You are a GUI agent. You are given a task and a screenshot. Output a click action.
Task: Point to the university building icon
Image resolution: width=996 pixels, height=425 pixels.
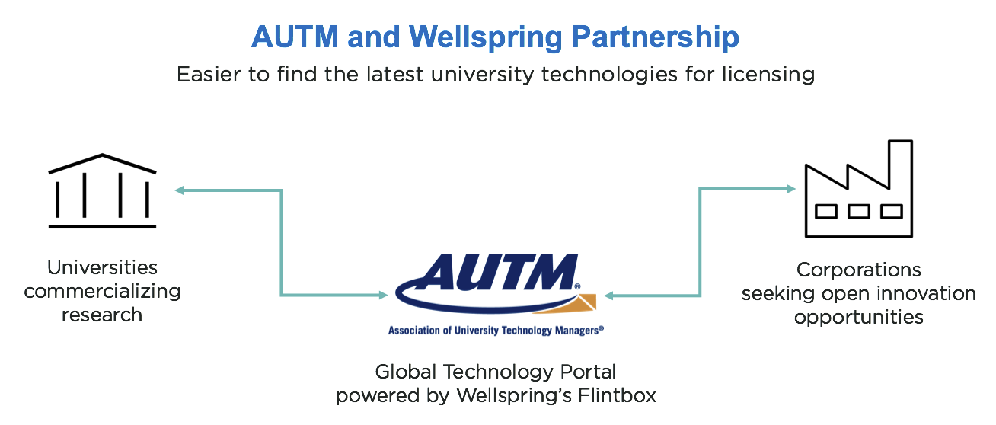click(102, 191)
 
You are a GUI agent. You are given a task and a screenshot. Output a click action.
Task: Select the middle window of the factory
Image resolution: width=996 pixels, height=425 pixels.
click(858, 211)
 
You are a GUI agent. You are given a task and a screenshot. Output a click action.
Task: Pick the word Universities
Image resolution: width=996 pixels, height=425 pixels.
click(102, 267)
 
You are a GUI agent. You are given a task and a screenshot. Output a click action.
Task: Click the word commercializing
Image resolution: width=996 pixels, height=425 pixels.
click(102, 291)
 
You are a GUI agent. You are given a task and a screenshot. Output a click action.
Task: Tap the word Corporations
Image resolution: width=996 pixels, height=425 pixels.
click(858, 270)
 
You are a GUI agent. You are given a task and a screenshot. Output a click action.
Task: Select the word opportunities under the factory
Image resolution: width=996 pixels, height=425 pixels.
click(858, 317)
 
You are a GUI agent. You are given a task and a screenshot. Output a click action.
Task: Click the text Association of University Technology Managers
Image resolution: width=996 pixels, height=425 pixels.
click(496, 331)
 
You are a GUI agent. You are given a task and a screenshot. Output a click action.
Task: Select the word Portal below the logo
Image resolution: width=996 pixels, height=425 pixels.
click(582, 372)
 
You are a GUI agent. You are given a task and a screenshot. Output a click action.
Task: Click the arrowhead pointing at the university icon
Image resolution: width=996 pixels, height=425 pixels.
click(179, 190)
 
